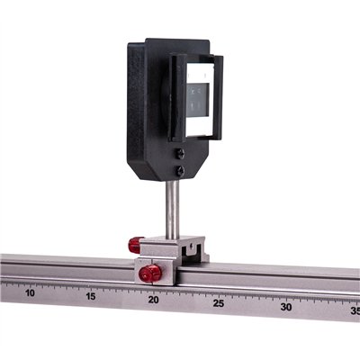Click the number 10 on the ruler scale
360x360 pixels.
[30, 292]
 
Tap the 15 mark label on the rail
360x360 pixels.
[91, 296]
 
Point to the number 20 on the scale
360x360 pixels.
[154, 300]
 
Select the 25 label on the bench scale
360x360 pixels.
[219, 303]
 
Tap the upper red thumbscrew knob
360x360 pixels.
[136, 244]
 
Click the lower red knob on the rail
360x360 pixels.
[150, 272]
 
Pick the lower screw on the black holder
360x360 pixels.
[179, 170]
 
